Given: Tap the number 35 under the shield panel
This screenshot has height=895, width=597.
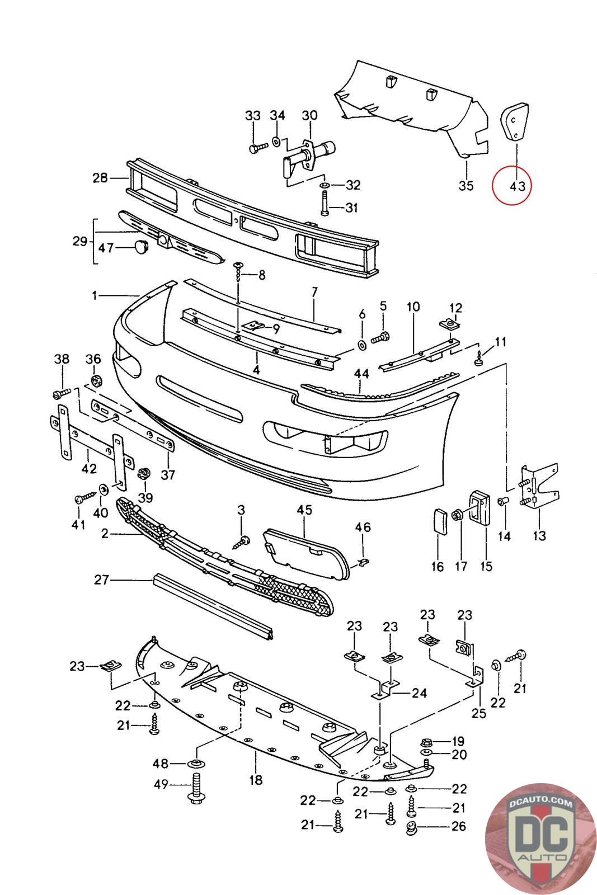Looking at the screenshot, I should [x=466, y=186].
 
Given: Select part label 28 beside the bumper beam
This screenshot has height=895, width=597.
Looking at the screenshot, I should [x=100, y=178].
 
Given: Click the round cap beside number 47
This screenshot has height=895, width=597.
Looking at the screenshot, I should [x=140, y=246].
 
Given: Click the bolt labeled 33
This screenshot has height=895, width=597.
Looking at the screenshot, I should [x=255, y=149].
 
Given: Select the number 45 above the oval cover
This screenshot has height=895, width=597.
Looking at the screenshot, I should [x=304, y=510].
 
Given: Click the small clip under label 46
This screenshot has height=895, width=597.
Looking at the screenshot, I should [x=363, y=560].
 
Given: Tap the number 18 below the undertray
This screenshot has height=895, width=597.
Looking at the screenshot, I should [x=256, y=780].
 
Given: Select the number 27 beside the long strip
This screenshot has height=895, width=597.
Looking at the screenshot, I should [x=101, y=580].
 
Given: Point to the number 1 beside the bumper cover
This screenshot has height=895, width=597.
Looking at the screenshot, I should [x=95, y=295].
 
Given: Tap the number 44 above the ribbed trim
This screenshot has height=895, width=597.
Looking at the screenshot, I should [x=361, y=373].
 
